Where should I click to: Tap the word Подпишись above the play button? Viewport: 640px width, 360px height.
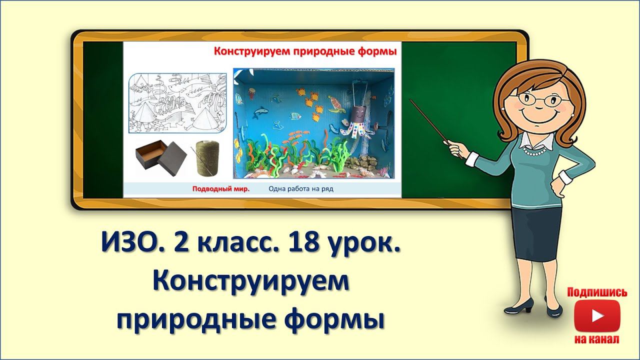click(597, 292)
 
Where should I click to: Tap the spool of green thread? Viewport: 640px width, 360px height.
click(205, 158)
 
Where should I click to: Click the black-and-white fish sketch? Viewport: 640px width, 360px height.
click(177, 103)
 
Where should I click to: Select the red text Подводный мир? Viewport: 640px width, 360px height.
click(221, 189)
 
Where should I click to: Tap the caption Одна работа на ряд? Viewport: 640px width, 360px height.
click(300, 189)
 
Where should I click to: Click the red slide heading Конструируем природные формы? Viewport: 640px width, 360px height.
click(305, 51)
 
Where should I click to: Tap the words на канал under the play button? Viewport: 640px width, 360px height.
click(597, 339)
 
